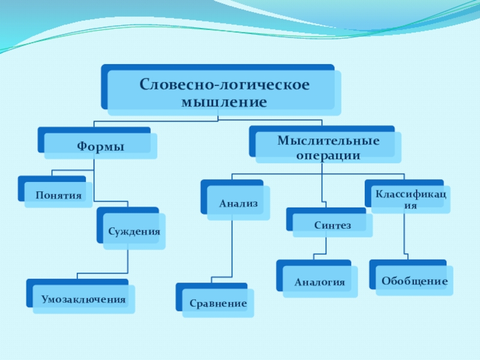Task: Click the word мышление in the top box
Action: (224, 102)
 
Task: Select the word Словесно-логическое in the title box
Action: (224, 83)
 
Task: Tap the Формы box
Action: (100, 146)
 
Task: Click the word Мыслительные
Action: (328, 141)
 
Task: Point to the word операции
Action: (328, 155)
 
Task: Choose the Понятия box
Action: (58, 195)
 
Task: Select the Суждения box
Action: (134, 231)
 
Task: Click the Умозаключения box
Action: (83, 299)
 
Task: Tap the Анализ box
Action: (238, 204)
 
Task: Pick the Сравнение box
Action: (218, 303)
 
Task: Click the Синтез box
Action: (332, 225)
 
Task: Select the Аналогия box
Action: (320, 281)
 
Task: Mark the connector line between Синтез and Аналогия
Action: (326, 246)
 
